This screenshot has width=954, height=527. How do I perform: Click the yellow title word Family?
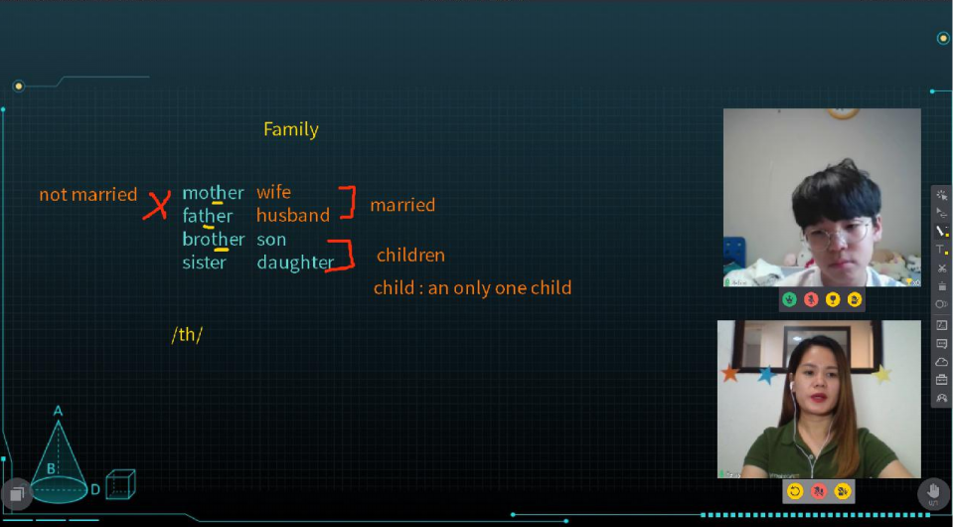pyautogui.click(x=291, y=129)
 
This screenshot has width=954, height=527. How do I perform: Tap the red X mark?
pyautogui.click(x=157, y=205)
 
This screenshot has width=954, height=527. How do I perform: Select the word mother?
pyautogui.click(x=213, y=193)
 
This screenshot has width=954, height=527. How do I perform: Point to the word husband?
pyautogui.click(x=292, y=215)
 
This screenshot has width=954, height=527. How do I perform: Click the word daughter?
pyautogui.click(x=295, y=263)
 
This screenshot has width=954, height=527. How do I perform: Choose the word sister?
pyautogui.click(x=204, y=263)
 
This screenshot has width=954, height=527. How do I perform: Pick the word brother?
pyautogui.click(x=214, y=240)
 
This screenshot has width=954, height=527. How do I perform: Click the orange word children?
pyautogui.click(x=410, y=255)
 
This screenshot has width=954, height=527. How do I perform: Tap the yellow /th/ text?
pyautogui.click(x=187, y=335)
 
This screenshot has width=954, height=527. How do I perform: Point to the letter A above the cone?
pyautogui.click(x=58, y=411)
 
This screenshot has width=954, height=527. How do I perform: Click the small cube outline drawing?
pyautogui.click(x=120, y=484)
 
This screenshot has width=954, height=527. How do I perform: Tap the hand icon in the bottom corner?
pyautogui.click(x=933, y=492)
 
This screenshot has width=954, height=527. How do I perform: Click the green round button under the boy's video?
pyautogui.click(x=789, y=299)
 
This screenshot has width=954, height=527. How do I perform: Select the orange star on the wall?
pyautogui.click(x=730, y=373)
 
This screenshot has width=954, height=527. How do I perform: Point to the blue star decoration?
pyautogui.click(x=766, y=375)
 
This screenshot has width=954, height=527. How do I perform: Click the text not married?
pyautogui.click(x=88, y=195)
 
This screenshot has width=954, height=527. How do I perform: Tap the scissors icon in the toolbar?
pyautogui.click(x=942, y=268)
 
